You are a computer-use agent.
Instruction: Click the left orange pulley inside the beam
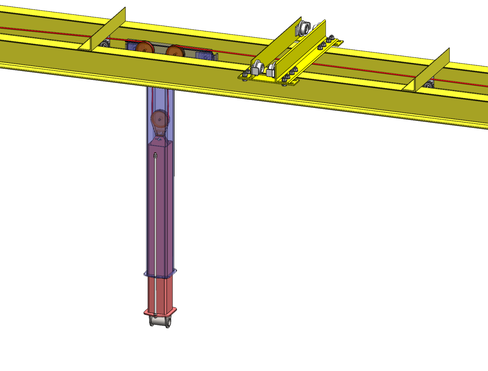144,48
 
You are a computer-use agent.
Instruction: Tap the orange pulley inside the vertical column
160,119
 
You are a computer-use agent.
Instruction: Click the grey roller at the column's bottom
160,321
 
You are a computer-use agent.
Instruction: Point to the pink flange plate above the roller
160,312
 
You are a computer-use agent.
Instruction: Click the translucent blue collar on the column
160,273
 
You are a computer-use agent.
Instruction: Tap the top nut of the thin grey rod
155,155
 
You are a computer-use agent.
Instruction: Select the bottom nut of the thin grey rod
155,315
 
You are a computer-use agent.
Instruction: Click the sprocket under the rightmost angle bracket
429,84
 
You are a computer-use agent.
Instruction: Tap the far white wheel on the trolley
304,27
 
